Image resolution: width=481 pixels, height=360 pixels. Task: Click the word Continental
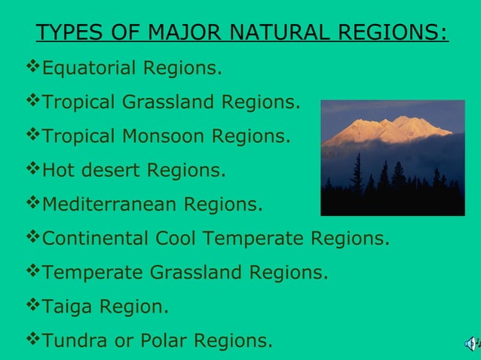point(96,239)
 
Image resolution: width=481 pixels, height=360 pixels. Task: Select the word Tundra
point(75,341)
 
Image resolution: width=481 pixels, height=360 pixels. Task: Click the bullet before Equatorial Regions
point(32,69)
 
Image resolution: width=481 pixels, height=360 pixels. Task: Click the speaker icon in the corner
point(470,344)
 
